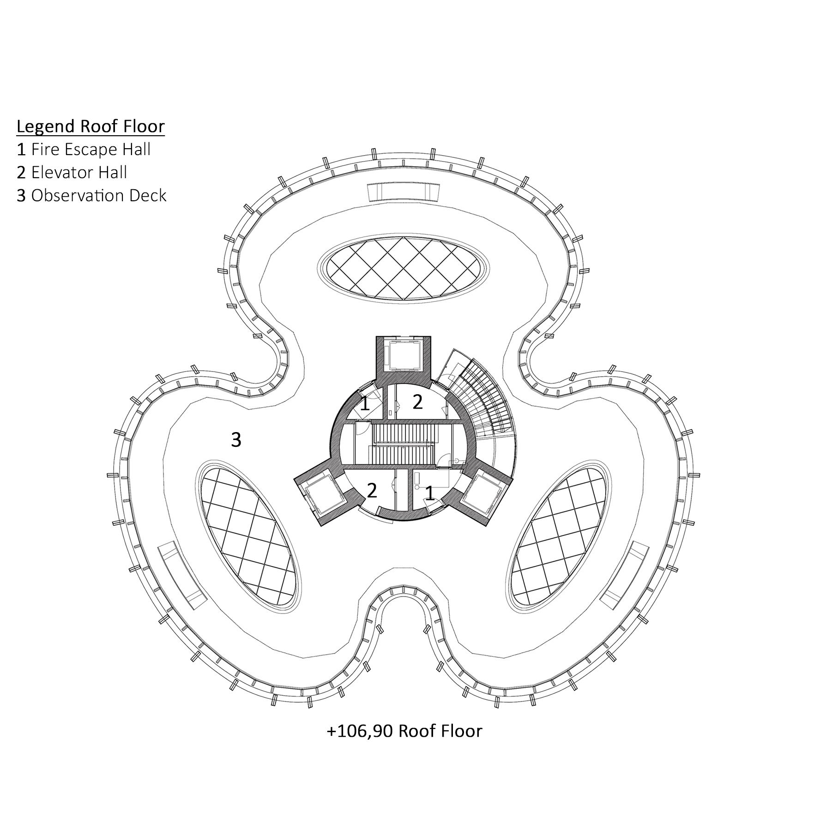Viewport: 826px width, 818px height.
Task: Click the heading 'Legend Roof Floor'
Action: pos(90,126)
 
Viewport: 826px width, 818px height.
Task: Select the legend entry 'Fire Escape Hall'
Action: pos(84,150)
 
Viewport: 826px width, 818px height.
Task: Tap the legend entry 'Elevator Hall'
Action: pos(72,173)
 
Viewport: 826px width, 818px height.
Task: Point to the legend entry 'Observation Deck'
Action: pos(91,196)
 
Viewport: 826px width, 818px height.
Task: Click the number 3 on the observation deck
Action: pos(236,440)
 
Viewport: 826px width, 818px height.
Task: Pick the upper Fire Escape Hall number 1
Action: pos(365,403)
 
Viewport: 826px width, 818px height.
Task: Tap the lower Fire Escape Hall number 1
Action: pos(429,493)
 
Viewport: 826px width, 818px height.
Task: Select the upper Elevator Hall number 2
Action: pos(417,402)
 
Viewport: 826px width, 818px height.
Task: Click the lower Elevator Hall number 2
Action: pos(372,490)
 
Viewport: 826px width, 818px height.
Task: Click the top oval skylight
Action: pos(404,269)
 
